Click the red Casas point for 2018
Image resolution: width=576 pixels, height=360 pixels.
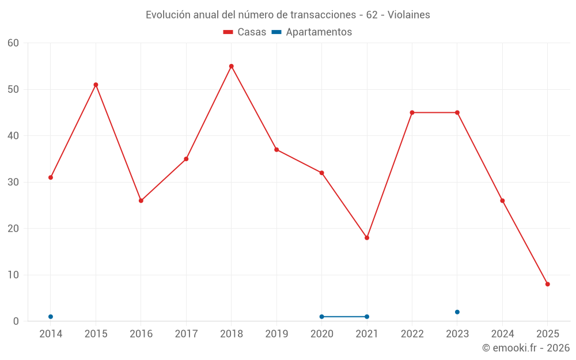pyautogui.click(x=232, y=66)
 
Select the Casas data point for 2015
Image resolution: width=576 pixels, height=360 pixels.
pyautogui.click(x=96, y=85)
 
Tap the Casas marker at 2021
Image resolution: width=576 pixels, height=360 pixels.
pyautogui.click(x=367, y=238)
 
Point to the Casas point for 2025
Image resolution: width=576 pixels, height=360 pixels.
pyautogui.click(x=548, y=284)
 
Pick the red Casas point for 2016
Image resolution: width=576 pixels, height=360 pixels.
pyautogui.click(x=141, y=200)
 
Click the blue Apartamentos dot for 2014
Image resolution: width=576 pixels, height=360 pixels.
pyautogui.click(x=51, y=317)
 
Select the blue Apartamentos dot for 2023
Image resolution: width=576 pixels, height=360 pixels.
pyautogui.click(x=457, y=312)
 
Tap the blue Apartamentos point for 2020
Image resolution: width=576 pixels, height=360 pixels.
pyautogui.click(x=322, y=317)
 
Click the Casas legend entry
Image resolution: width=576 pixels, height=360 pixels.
pyautogui.click(x=245, y=32)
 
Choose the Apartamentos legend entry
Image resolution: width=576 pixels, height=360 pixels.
pyautogui.click(x=312, y=32)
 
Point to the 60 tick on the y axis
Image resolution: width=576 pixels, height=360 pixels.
pyautogui.click(x=13, y=43)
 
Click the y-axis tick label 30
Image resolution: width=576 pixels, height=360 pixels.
pyautogui.click(x=13, y=182)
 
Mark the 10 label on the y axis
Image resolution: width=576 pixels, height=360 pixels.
pyautogui.click(x=13, y=275)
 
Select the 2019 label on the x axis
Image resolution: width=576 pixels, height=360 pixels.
pyautogui.click(x=276, y=334)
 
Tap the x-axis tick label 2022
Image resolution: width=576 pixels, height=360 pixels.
pyautogui.click(x=412, y=334)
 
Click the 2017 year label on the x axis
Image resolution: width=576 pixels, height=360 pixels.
pyautogui.click(x=186, y=334)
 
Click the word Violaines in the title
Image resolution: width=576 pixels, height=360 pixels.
pyautogui.click(x=409, y=15)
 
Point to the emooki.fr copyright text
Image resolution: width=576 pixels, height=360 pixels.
pyautogui.click(x=526, y=348)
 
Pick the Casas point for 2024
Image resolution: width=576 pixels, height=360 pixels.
pyautogui.click(x=502, y=200)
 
